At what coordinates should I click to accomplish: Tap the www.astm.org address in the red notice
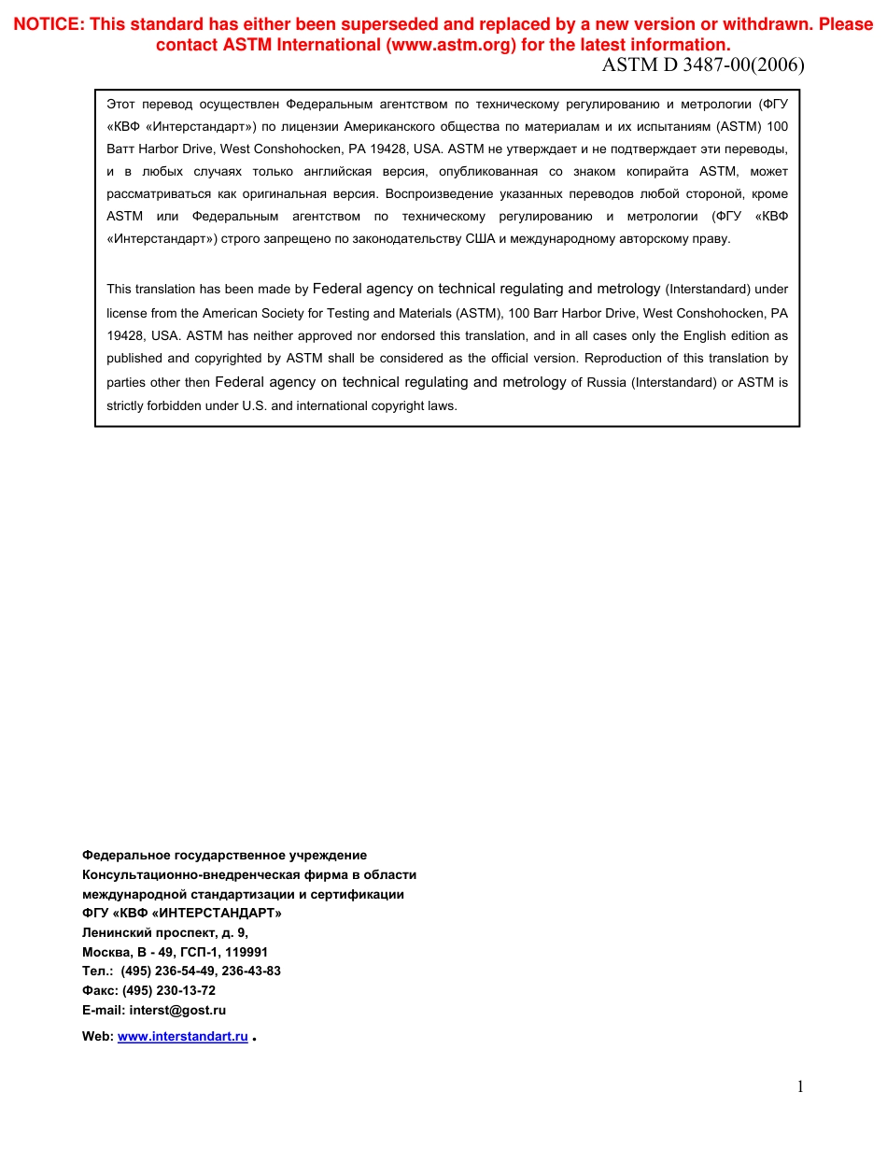point(451,45)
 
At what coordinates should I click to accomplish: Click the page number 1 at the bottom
point(799,1085)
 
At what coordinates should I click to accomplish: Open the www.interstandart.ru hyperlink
point(183,1036)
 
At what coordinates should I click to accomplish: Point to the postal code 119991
point(246,952)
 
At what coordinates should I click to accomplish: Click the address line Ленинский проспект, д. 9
point(165,932)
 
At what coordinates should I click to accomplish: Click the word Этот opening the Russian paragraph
point(122,104)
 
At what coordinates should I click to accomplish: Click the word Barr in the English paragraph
point(542,313)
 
